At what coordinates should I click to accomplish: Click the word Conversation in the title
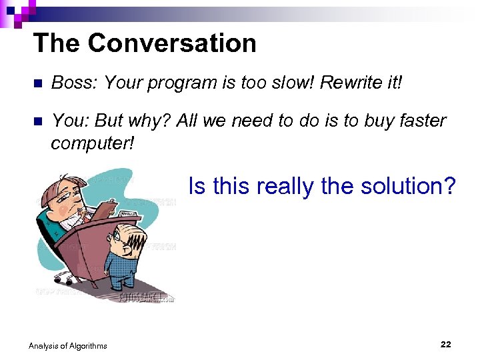pyautogui.click(x=172, y=43)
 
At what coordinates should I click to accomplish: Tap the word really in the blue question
pyautogui.click(x=279, y=187)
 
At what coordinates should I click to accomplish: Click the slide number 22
pyautogui.click(x=445, y=344)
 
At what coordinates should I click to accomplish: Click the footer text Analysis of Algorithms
pyautogui.click(x=67, y=345)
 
